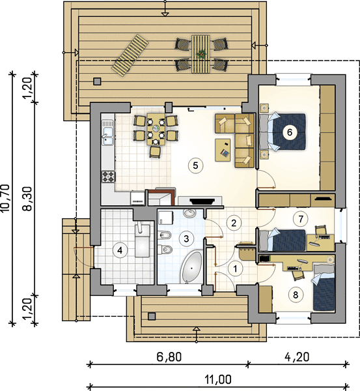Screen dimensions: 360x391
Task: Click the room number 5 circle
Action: (195, 166)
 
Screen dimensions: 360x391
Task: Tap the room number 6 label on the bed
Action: (290, 132)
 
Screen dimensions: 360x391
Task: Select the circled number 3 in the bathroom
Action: (186, 239)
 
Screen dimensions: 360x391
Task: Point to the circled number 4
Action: (120, 250)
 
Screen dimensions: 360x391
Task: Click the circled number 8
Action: (296, 295)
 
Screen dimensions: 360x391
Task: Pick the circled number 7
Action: (301, 219)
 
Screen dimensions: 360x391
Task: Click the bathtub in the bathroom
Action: (191, 268)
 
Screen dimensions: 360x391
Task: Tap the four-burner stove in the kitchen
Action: (108, 177)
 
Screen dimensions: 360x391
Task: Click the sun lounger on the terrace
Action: (130, 56)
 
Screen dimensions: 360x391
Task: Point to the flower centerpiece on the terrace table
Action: (201, 53)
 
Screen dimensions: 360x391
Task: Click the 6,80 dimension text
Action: (169, 357)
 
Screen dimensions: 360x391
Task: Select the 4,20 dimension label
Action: (297, 357)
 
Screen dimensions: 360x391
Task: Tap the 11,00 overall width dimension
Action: (218, 380)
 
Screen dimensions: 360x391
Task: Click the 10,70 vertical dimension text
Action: (5, 198)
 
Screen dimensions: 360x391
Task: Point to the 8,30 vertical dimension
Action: (28, 199)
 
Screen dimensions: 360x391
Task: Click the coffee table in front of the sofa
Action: (223, 150)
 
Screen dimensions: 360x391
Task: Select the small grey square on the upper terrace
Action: (97, 81)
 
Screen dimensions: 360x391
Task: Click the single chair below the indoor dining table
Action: (155, 152)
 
